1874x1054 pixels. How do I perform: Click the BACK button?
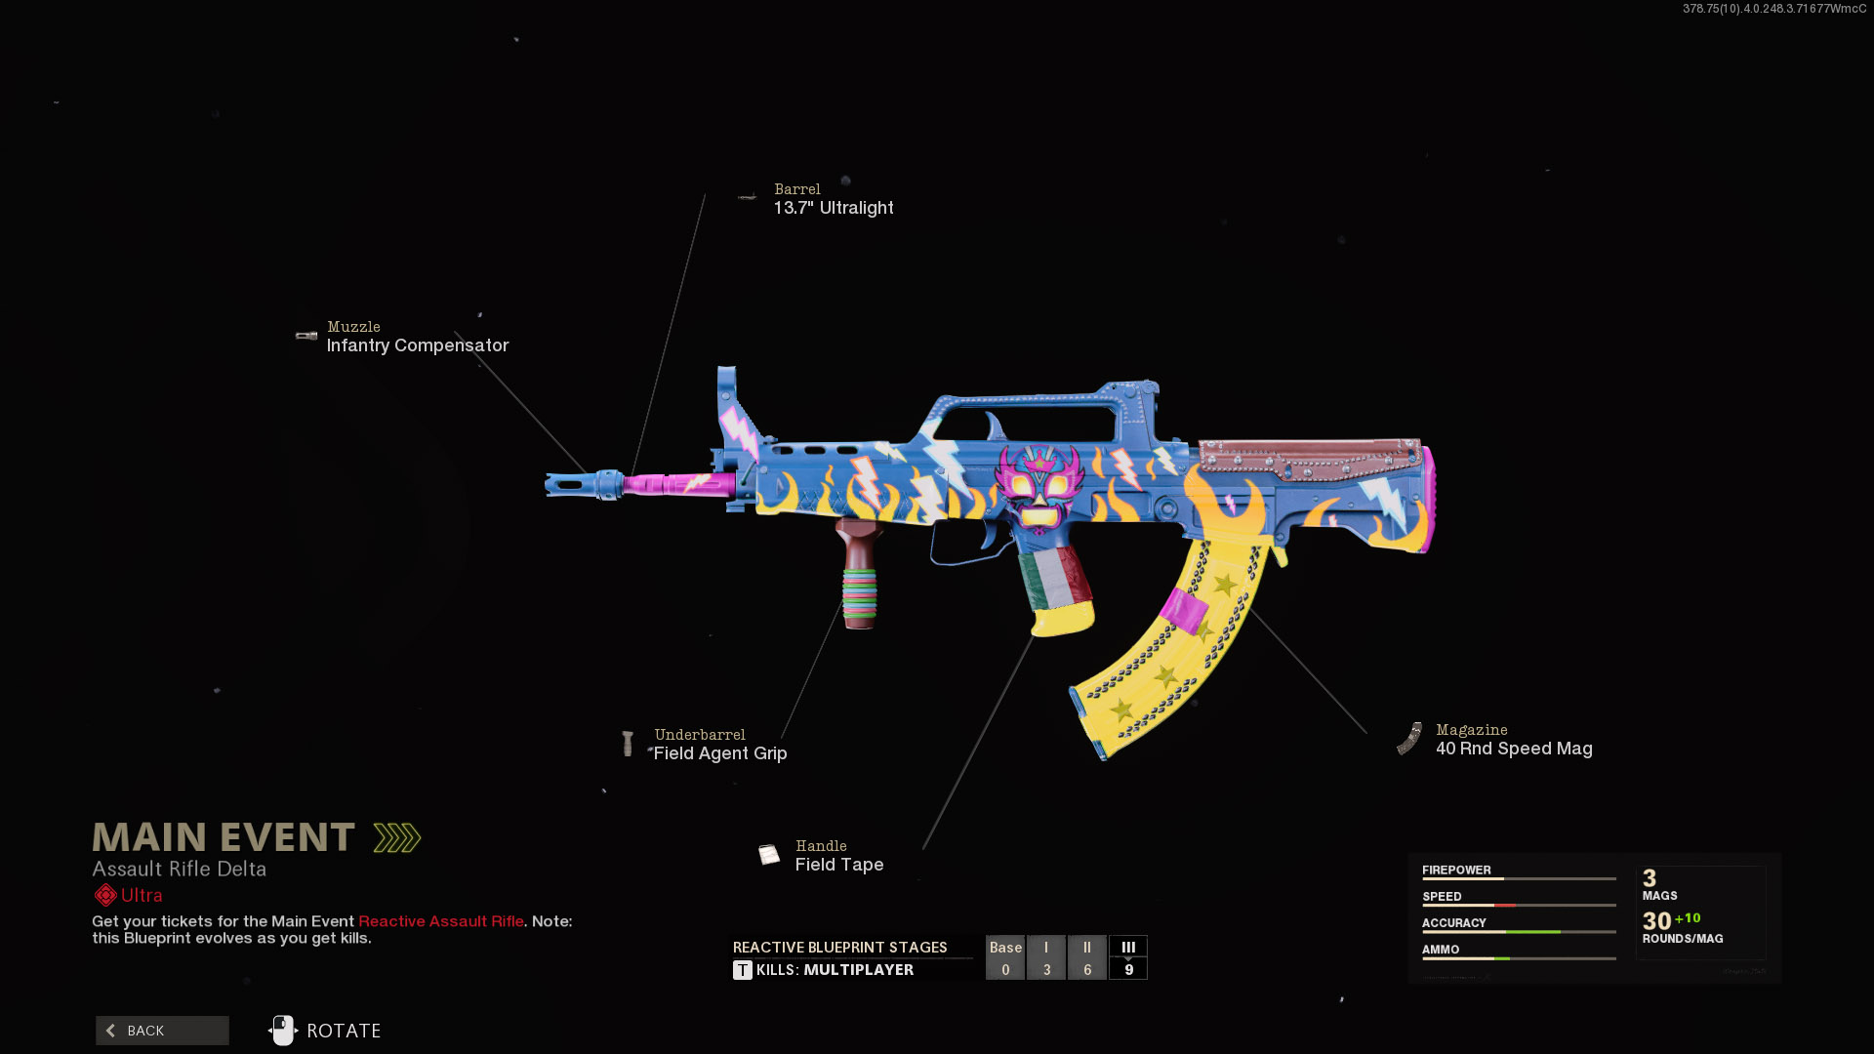point(162,1031)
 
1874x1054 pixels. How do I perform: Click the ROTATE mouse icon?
point(283,1031)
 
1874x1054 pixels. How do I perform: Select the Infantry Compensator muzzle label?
point(417,345)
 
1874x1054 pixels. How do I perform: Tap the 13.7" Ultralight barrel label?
point(833,208)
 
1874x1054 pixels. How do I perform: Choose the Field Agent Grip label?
point(719,753)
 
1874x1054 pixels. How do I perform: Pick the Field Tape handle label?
point(838,865)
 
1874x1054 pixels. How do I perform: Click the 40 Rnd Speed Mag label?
point(1513,749)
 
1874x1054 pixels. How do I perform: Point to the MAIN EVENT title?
point(224,837)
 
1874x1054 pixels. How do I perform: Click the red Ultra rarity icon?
point(105,895)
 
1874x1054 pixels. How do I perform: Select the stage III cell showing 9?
point(1128,958)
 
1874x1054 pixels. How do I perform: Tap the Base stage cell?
point(1005,958)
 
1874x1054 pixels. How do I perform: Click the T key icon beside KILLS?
point(743,970)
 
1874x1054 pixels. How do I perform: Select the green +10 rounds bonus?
point(1688,918)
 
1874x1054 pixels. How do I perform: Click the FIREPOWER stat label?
point(1456,870)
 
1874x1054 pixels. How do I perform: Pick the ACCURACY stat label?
point(1453,922)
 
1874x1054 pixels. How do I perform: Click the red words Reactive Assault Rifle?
point(441,921)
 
